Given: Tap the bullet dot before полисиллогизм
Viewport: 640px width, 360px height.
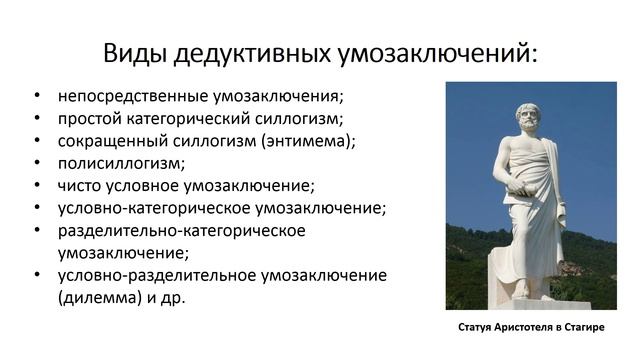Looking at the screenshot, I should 37,164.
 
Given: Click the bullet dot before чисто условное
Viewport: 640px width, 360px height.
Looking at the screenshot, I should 37,186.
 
